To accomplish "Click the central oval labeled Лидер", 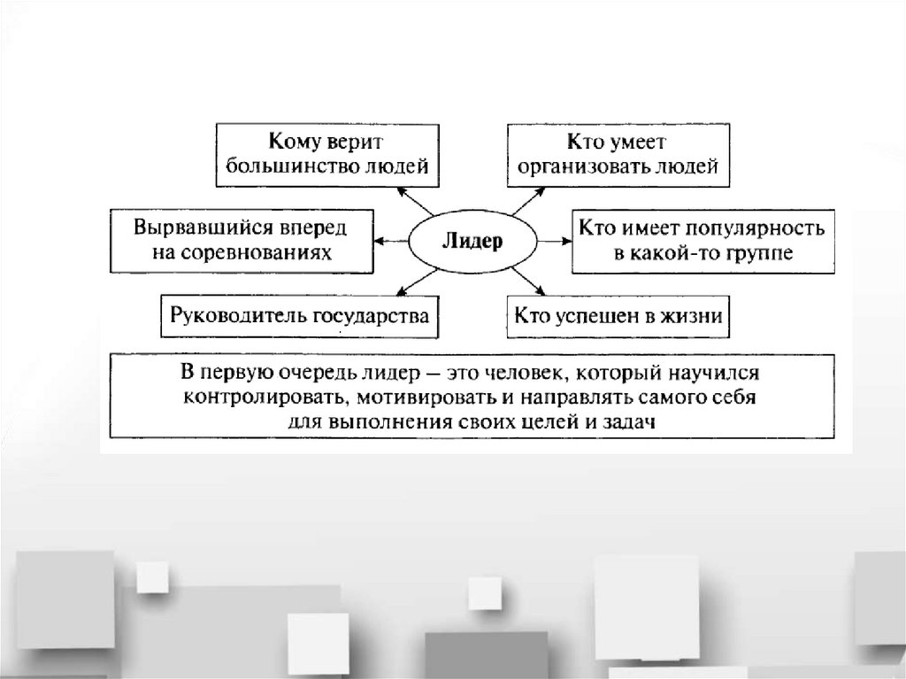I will (466, 241).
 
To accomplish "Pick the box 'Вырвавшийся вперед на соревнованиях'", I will (241, 240).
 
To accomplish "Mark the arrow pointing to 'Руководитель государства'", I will (414, 280).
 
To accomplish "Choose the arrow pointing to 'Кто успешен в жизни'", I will (527, 280).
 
